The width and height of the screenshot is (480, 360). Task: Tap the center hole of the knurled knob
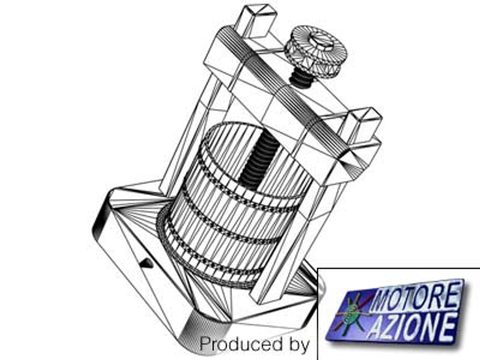coord(321,41)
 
